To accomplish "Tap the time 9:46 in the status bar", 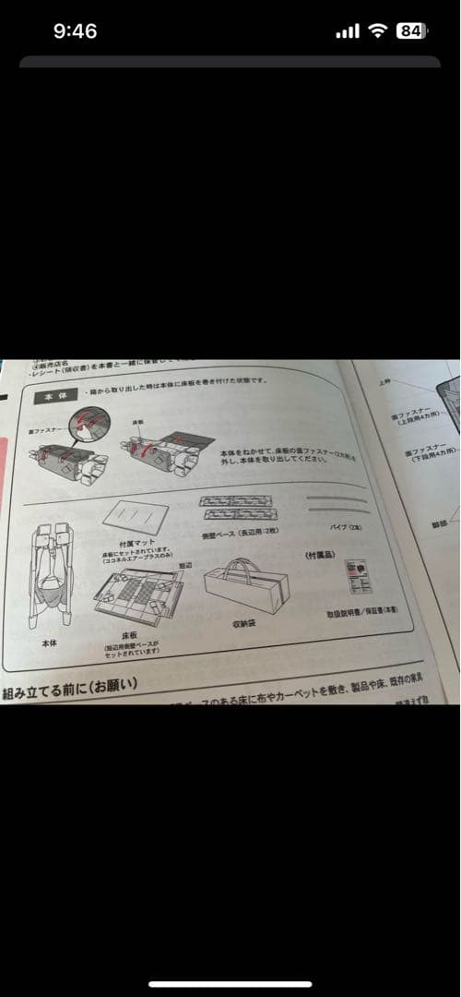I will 75,31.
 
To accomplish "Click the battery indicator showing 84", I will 410,30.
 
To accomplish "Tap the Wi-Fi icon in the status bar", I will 377,31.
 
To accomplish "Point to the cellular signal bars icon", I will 348,31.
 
